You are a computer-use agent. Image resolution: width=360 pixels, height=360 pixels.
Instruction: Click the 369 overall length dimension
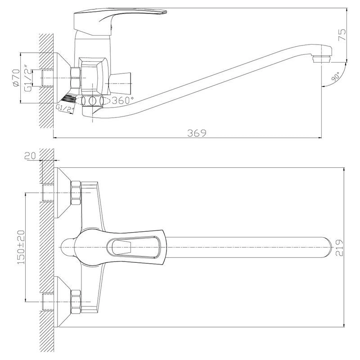[x=197, y=133]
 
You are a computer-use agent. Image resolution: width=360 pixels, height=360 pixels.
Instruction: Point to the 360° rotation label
[x=123, y=99]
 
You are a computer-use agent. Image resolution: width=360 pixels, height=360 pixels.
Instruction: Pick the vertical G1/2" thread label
[x=27, y=79]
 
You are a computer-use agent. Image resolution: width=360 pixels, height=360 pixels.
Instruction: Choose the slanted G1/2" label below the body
[x=65, y=108]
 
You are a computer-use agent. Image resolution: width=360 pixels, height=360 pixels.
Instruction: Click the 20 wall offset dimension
[x=30, y=156]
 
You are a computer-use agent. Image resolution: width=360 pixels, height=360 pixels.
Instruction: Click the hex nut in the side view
[x=76, y=77]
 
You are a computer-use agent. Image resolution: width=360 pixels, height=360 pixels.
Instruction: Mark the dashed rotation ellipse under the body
[x=93, y=100]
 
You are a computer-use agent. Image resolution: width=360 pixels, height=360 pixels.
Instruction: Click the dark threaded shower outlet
[x=68, y=97]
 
